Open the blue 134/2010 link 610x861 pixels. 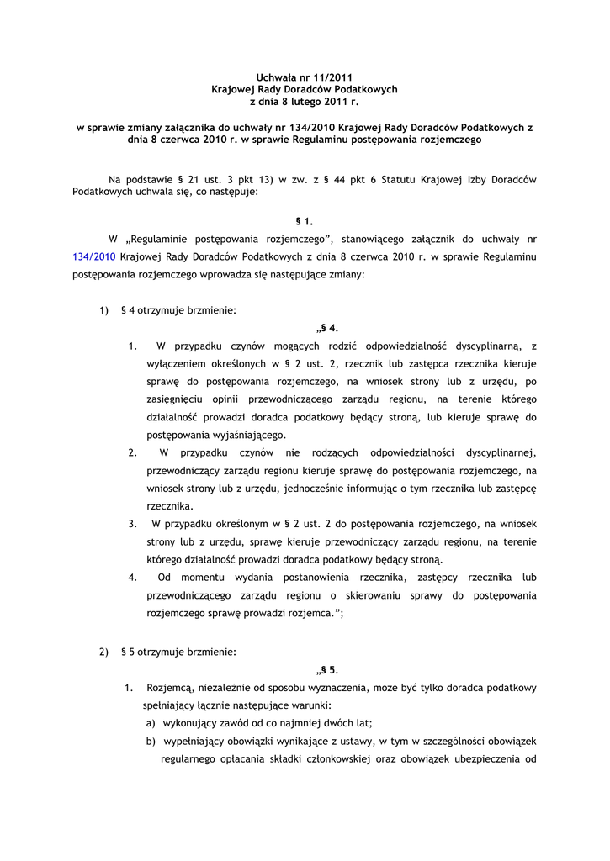(x=92, y=255)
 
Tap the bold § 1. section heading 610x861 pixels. (x=304, y=222)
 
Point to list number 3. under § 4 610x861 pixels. (x=133, y=524)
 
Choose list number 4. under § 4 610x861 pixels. (x=133, y=578)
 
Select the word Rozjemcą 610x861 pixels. (x=172, y=688)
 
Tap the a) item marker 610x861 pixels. (x=151, y=723)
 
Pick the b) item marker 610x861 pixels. (x=151, y=742)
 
